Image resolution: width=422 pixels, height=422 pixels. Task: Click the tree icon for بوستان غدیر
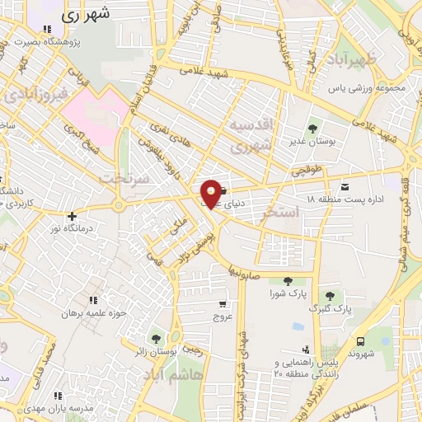tap(312, 129)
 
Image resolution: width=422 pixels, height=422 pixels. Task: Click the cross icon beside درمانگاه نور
tap(72, 216)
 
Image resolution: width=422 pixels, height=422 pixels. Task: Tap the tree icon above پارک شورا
tap(287, 281)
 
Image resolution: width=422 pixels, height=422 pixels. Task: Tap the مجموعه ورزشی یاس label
tap(367, 88)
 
